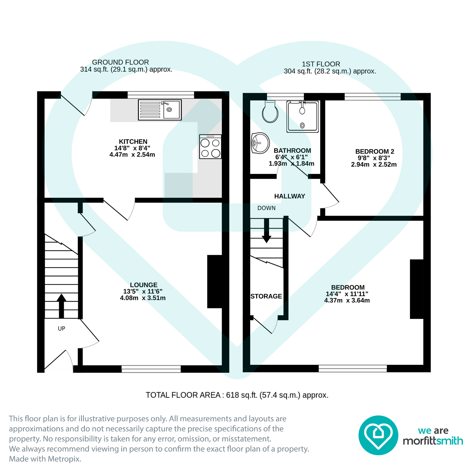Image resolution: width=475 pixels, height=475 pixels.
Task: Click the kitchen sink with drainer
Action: pyautogui.click(x=160, y=110)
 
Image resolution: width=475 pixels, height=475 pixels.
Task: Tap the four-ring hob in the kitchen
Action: pyautogui.click(x=210, y=147)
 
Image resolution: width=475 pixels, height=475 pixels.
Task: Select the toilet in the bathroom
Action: pyautogui.click(x=270, y=112)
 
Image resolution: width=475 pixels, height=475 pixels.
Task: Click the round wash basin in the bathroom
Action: pyautogui.click(x=260, y=143)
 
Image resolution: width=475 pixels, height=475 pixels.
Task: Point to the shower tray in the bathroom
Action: pyautogui.click(x=303, y=117)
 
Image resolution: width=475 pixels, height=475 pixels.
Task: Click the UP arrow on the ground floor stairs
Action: pyautogui.click(x=61, y=306)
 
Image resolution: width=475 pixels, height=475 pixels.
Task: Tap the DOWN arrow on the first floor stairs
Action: pyautogui.click(x=267, y=232)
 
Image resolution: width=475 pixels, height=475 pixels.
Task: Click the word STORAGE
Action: pyautogui.click(x=266, y=296)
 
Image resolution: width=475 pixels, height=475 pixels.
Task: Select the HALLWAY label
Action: pyautogui.click(x=289, y=196)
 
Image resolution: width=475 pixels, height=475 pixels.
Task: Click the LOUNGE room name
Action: pyautogui.click(x=144, y=285)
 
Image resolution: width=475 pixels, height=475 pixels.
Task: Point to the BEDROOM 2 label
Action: pyautogui.click(x=375, y=151)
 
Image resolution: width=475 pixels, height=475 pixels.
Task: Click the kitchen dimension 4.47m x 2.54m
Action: pyautogui.click(x=132, y=155)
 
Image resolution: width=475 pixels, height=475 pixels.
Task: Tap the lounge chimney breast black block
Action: pyautogui.click(x=214, y=281)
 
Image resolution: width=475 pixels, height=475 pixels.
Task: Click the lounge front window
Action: pyautogui.click(x=151, y=369)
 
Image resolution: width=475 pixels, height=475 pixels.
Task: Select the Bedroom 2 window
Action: pyautogui.click(x=372, y=96)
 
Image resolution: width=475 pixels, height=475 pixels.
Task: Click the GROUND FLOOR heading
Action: pyautogui.click(x=120, y=62)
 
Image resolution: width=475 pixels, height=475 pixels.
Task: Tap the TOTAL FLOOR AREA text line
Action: pyautogui.click(x=237, y=395)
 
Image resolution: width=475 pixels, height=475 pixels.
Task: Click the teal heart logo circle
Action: pyautogui.click(x=378, y=435)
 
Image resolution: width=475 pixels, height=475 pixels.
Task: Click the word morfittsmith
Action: pyautogui.click(x=433, y=441)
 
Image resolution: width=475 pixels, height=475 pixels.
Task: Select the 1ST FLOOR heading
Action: pyautogui.click(x=321, y=64)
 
